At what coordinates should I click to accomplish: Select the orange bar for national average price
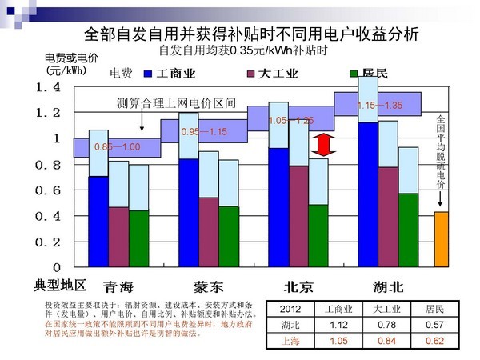[441, 238]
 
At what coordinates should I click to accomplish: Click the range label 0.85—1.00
[117, 147]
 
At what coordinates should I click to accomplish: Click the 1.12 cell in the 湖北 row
[337, 326]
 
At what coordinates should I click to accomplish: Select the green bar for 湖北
[408, 230]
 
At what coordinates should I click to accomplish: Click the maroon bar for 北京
[298, 216]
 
